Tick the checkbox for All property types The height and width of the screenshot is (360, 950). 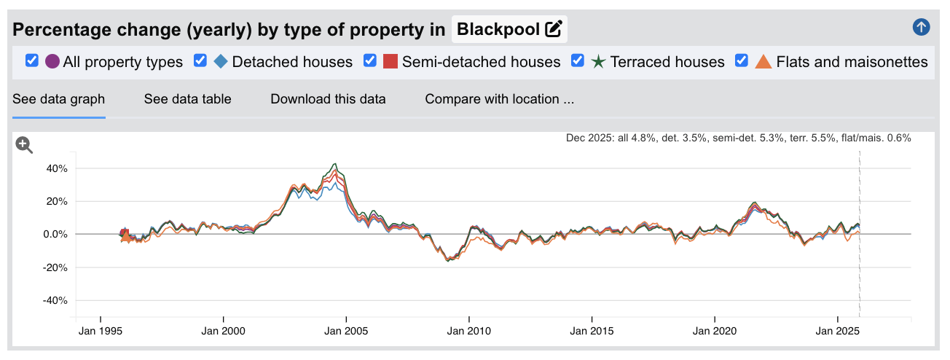(31, 61)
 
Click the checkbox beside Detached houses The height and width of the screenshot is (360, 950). (200, 61)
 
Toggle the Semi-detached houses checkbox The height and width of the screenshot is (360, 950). (370, 61)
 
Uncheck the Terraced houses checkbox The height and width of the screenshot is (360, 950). (578, 61)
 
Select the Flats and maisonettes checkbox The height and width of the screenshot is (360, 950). (742, 61)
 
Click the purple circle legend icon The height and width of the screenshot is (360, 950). (52, 62)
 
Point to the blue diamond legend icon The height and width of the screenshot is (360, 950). (221, 62)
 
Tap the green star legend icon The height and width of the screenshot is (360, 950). (598, 62)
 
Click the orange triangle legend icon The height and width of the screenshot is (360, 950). (763, 62)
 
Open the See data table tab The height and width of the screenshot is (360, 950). (187, 99)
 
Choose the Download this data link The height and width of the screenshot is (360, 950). (328, 99)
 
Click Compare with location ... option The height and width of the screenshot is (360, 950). (500, 99)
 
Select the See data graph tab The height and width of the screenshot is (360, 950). (59, 99)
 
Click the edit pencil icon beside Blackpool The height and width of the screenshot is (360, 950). (554, 30)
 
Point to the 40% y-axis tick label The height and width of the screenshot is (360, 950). (56, 168)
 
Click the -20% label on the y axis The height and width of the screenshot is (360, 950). (55, 267)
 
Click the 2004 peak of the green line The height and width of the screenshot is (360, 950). (334, 164)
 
